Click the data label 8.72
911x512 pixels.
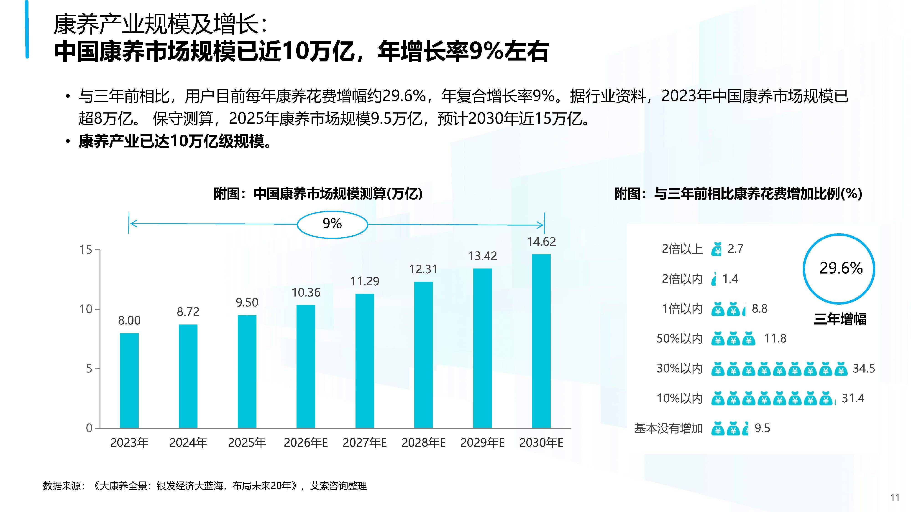[x=188, y=312]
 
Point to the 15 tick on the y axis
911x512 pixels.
[x=86, y=250]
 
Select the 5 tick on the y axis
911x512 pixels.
[x=89, y=369]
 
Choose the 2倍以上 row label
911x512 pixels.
[x=682, y=249]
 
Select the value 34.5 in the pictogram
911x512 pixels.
[x=864, y=369]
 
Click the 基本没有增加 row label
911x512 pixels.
[x=668, y=428]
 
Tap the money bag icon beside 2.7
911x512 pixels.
[x=717, y=249]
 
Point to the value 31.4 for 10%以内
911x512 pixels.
[x=853, y=398]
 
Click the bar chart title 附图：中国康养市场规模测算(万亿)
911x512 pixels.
[x=318, y=194]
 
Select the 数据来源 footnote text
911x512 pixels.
[x=205, y=486]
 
